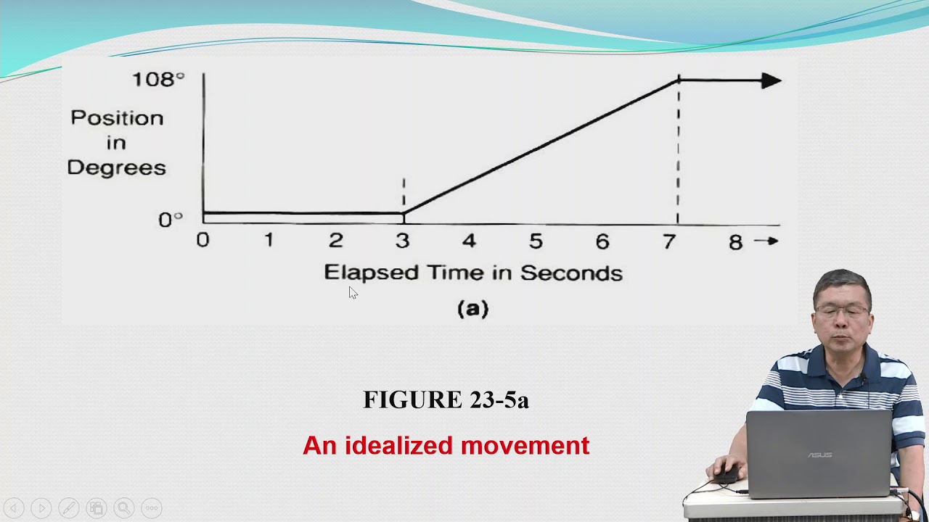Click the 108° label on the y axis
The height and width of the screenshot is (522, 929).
pos(157,79)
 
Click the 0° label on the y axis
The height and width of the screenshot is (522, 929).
pos(171,219)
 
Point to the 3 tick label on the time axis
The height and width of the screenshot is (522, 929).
pos(402,241)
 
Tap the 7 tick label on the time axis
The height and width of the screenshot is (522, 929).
pos(669,241)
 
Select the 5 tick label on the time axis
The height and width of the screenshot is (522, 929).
pos(536,241)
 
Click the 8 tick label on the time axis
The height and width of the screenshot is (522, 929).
pos(735,241)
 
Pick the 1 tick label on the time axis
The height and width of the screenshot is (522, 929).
pos(269,241)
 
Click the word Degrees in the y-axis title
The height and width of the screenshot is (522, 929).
pos(116,167)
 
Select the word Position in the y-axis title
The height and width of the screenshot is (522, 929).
pos(117,118)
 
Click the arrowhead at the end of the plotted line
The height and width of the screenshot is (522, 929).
pos(771,80)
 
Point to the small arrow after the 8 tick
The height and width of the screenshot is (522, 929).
pos(766,241)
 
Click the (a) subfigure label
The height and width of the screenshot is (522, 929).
pos(473,309)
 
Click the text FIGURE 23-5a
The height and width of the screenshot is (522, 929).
pos(446,399)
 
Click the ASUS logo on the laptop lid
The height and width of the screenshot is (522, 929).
pos(819,455)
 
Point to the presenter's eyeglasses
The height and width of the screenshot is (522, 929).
pos(842,311)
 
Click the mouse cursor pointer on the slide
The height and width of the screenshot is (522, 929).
pos(353,292)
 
